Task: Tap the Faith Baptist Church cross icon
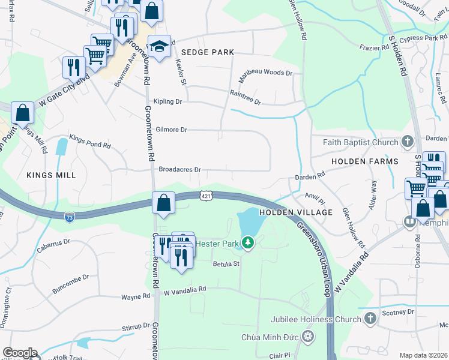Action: pos(408,142)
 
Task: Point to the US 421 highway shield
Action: pos(206,196)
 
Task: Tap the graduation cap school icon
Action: pos(158,46)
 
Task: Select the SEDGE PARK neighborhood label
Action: pos(208,53)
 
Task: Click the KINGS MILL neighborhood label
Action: pos(51,175)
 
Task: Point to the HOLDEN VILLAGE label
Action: pos(296,212)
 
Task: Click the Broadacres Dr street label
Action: pos(179,170)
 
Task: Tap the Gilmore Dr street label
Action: pos(172,130)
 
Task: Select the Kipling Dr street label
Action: pos(167,102)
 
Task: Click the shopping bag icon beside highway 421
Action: pos(164,203)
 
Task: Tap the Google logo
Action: pos(20,353)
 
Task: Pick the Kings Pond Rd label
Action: pos(90,141)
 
